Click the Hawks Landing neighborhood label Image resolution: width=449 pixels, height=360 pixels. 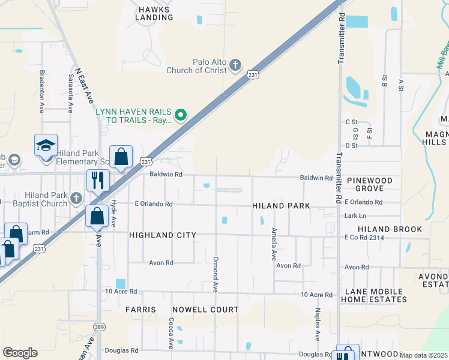154,13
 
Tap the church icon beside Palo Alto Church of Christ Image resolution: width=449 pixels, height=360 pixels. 235,65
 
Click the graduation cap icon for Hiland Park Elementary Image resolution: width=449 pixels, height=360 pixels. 46,146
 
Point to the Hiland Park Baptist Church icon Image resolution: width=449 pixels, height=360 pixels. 76,197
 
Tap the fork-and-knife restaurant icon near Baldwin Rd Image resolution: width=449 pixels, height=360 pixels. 97,179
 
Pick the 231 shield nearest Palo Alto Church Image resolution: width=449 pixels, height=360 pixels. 253,74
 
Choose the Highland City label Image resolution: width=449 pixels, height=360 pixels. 163,235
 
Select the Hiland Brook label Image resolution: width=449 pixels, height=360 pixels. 390,229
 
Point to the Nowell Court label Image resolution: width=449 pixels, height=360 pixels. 205,310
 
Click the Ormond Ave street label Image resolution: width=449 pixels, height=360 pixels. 215,274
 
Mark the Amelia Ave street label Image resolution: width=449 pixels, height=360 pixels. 274,243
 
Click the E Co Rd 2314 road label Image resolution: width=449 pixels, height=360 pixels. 364,238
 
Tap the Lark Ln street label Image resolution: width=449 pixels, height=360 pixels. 355,215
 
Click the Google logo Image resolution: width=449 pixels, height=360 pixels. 20,353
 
